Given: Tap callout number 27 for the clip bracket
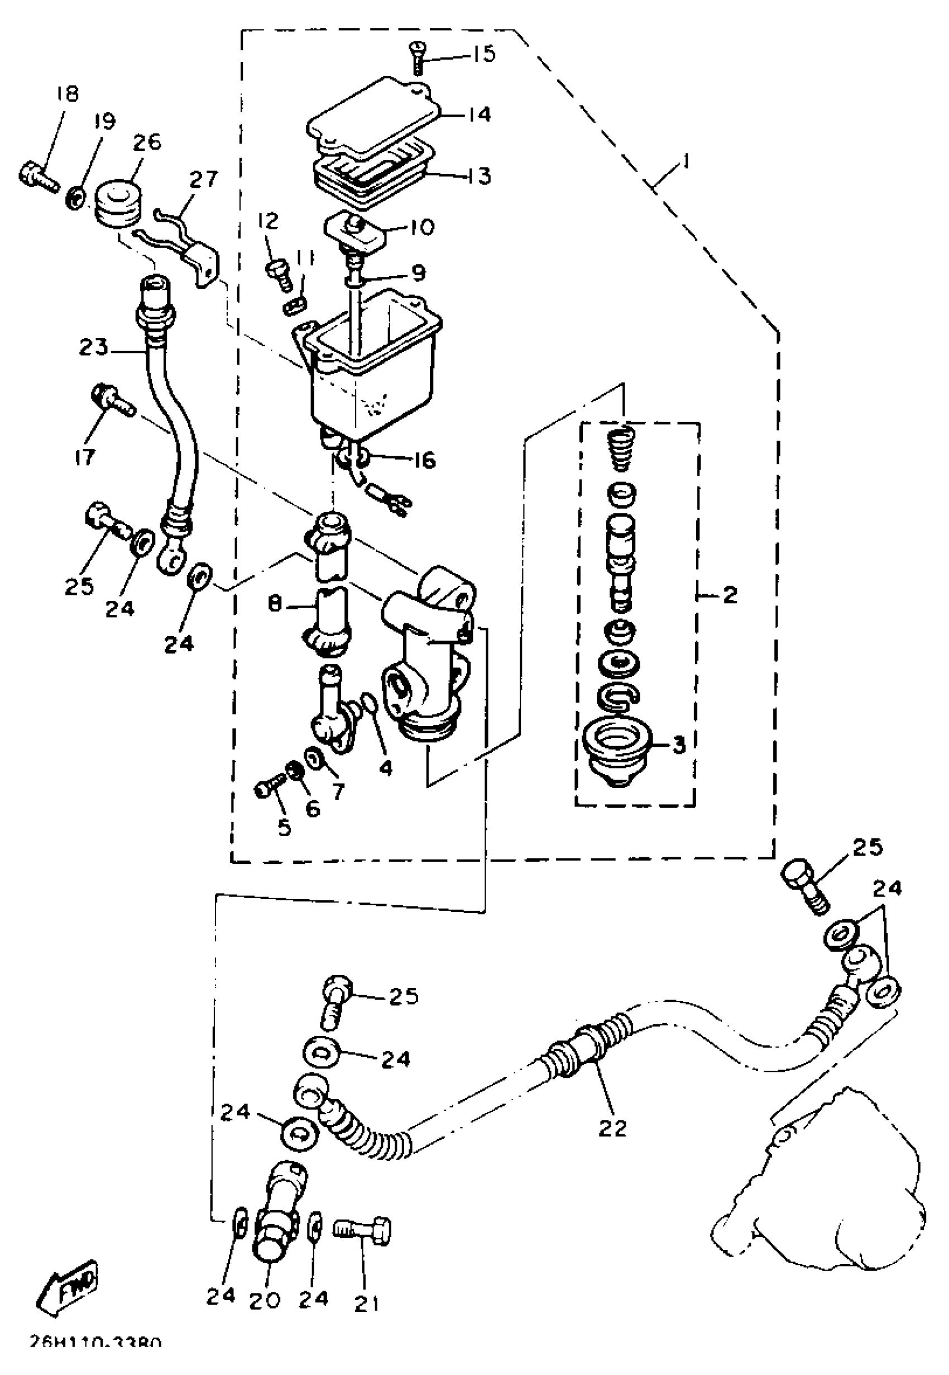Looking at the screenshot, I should (204, 179).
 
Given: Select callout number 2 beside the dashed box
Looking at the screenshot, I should (730, 594).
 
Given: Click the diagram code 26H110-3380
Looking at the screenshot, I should (94, 1360).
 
